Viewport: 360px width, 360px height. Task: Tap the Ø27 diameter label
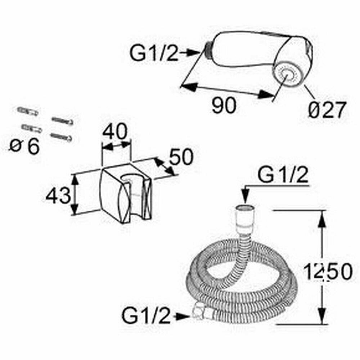327,110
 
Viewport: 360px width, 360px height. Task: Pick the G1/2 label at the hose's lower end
146,316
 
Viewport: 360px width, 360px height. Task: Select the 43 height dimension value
57,196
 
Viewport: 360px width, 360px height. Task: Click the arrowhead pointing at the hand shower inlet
194,53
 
